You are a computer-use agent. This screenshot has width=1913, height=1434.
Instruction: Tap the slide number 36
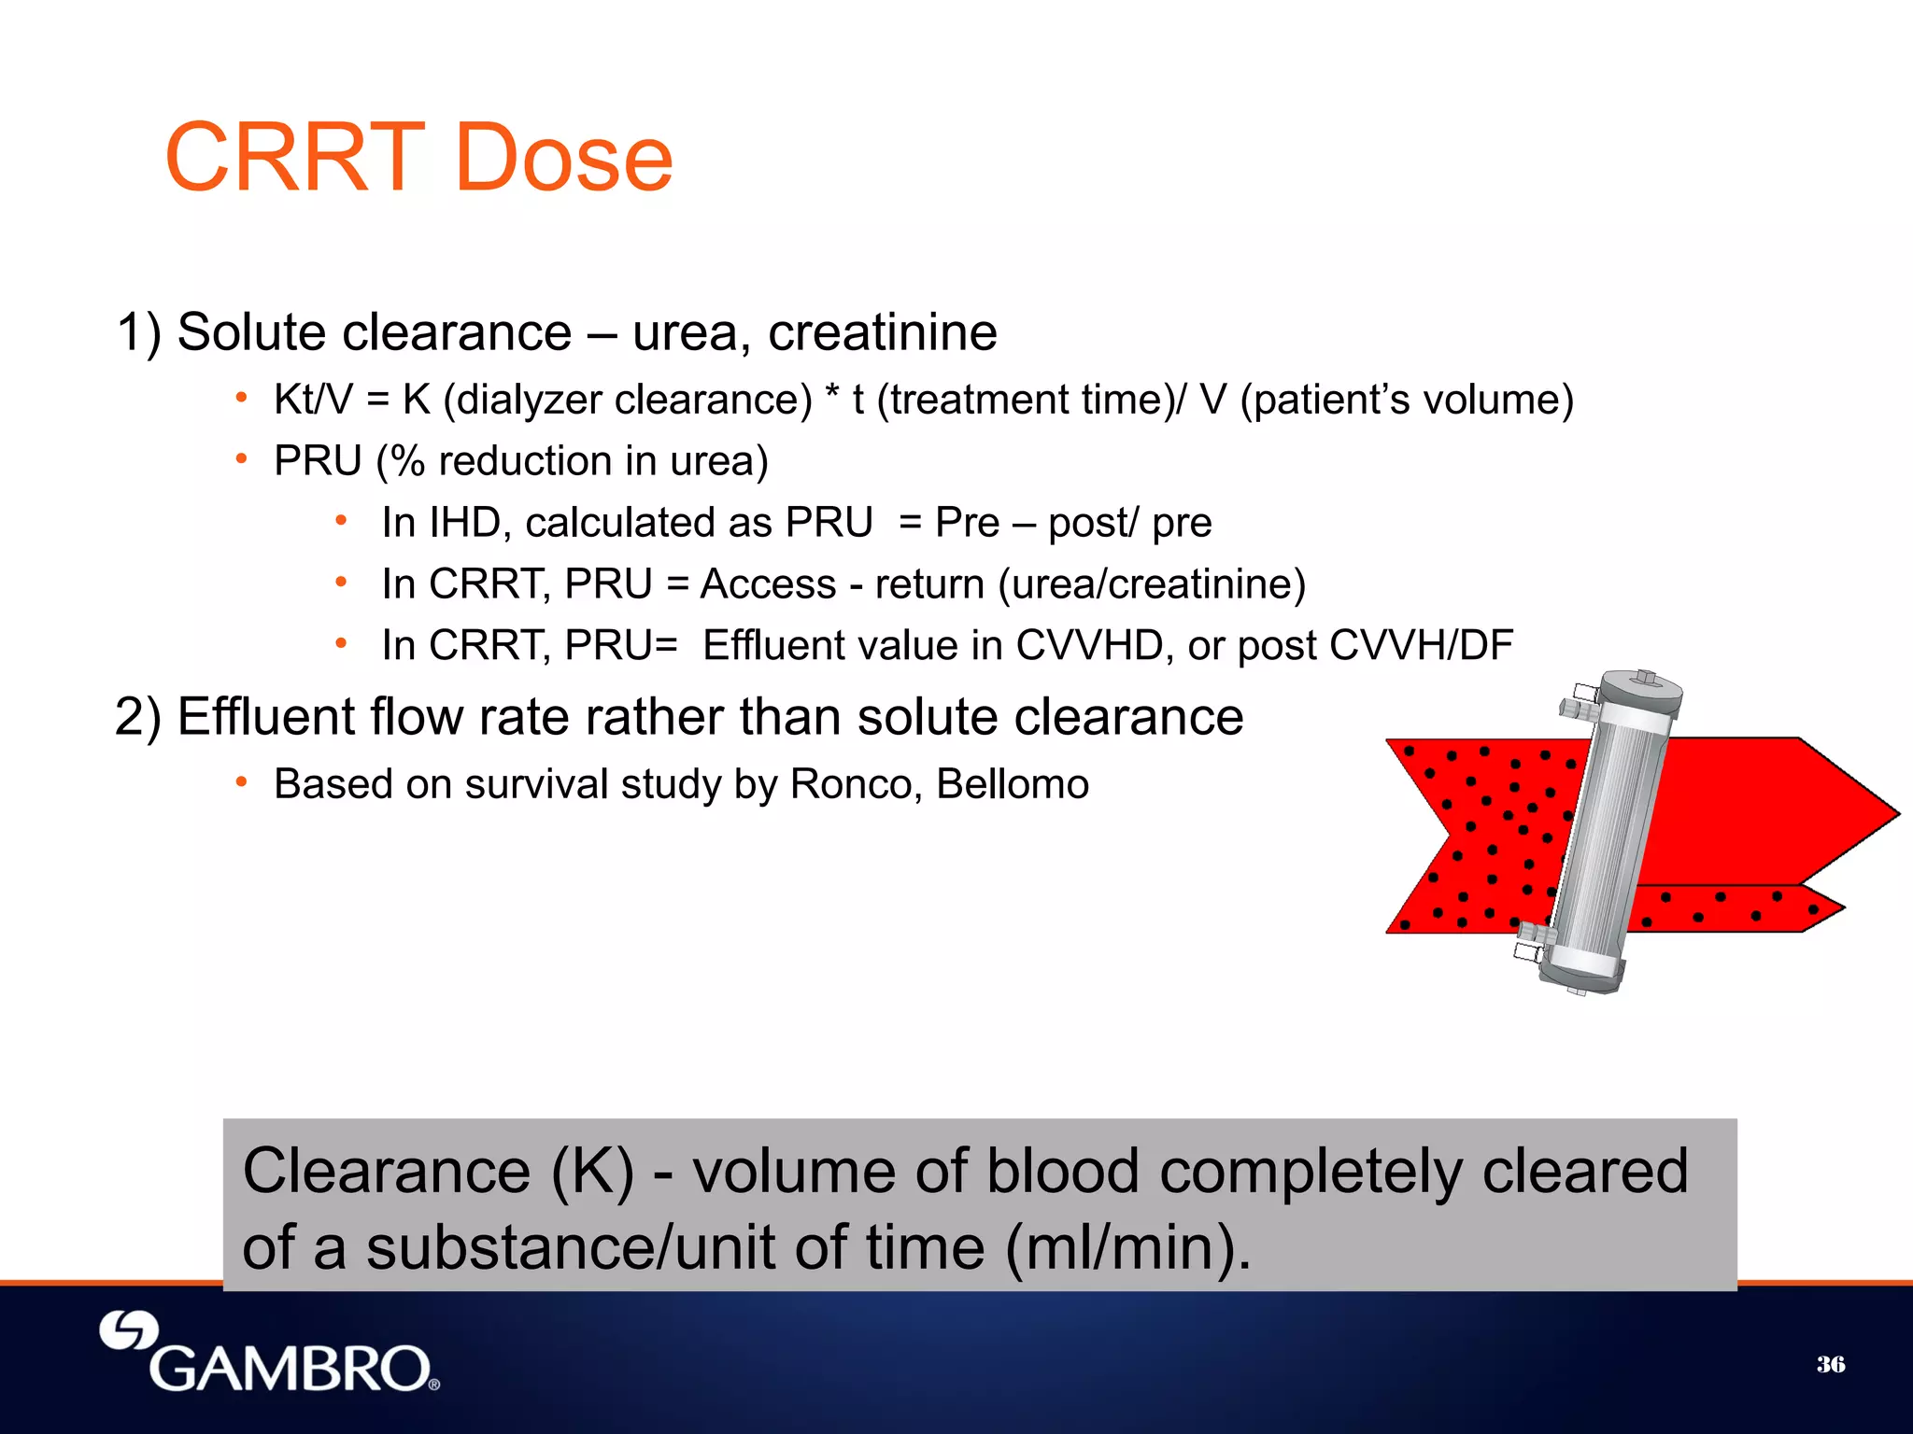1830,1364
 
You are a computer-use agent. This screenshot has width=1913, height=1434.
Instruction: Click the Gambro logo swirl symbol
129,1329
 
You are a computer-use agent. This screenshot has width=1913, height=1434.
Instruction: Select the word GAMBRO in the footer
290,1370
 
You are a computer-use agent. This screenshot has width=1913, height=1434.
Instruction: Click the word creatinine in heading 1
882,332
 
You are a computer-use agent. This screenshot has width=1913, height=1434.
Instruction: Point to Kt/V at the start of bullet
313,400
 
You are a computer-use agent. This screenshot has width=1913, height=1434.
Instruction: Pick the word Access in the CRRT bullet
768,584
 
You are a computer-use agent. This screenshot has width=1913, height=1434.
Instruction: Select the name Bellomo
1013,784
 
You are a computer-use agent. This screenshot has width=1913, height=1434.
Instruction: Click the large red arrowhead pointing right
1831,812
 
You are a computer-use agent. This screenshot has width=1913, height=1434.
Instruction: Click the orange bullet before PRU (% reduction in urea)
241,459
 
